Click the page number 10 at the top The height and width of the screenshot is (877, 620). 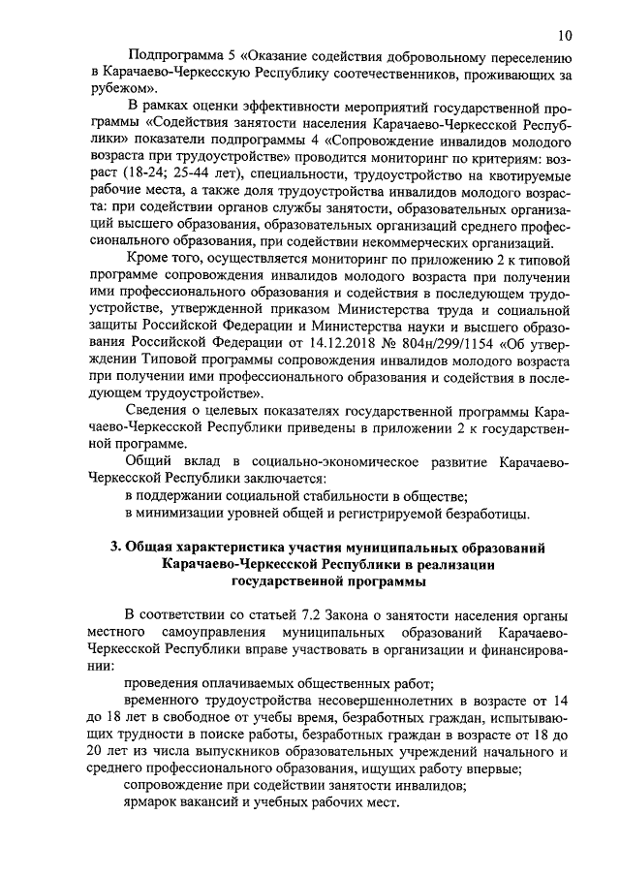564,35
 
